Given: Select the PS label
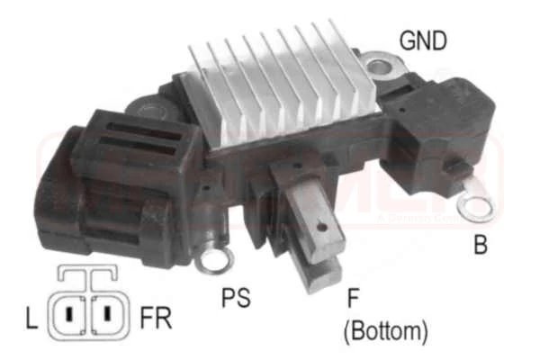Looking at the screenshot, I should pyautogui.click(x=236, y=298).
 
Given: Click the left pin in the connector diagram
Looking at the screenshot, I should pyautogui.click(x=67, y=316).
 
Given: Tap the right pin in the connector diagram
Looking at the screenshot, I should pyautogui.click(x=106, y=316).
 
